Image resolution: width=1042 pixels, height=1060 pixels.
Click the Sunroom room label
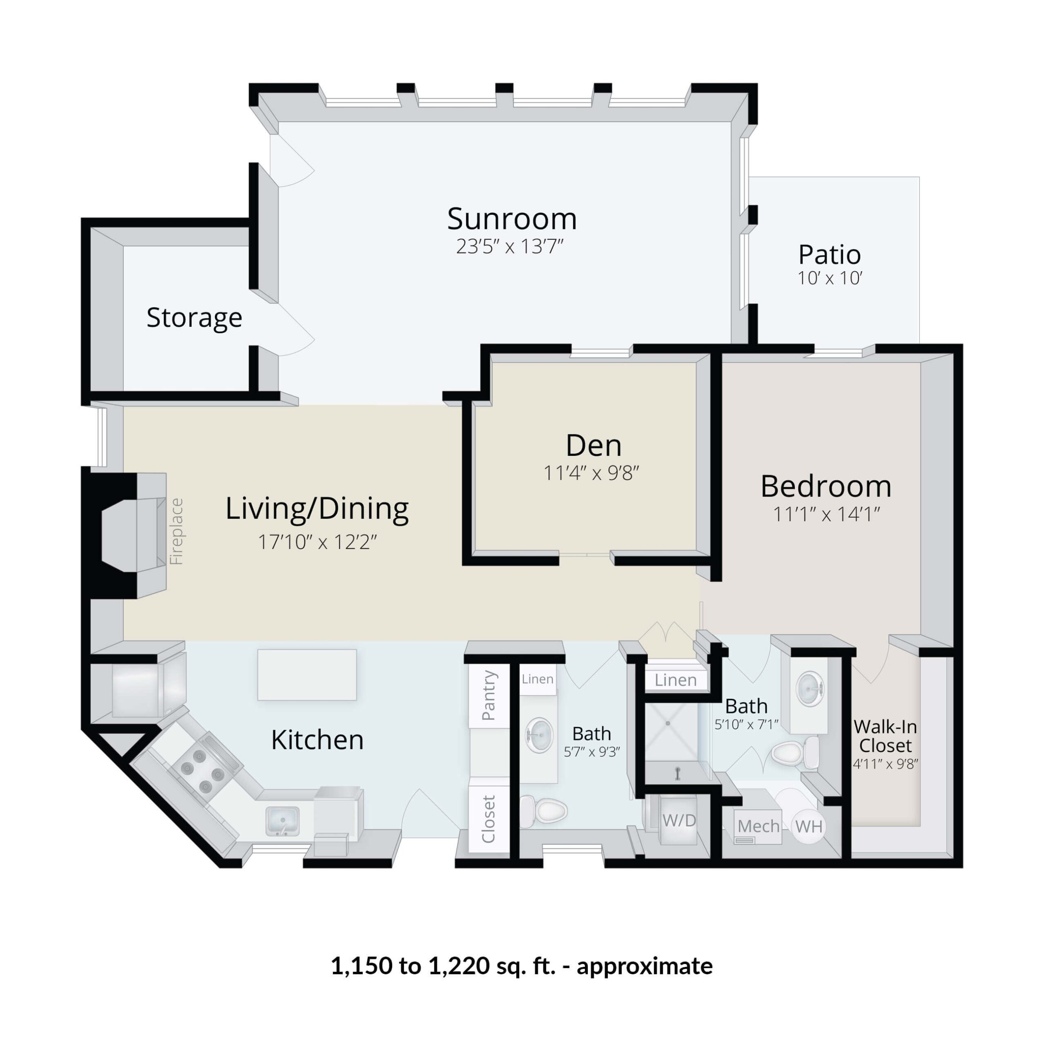pyautogui.click(x=512, y=219)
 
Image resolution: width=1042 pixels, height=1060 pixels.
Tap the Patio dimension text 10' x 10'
pyautogui.click(x=830, y=279)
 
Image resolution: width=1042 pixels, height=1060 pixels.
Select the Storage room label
pyautogui.click(x=194, y=318)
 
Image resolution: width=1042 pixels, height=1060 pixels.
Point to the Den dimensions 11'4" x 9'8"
pyautogui.click(x=591, y=473)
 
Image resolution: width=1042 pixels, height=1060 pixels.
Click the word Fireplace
pyautogui.click(x=176, y=531)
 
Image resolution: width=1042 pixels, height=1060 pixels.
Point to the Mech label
pyautogui.click(x=758, y=826)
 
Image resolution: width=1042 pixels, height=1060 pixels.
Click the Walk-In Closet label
pyautogui.click(x=885, y=736)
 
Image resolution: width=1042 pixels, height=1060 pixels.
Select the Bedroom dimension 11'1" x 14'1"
pyautogui.click(x=826, y=514)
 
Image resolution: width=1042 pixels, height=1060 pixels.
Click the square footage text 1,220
pyautogui.click(x=459, y=966)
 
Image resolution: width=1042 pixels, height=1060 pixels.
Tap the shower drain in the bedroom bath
pyautogui.click(x=668, y=723)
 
